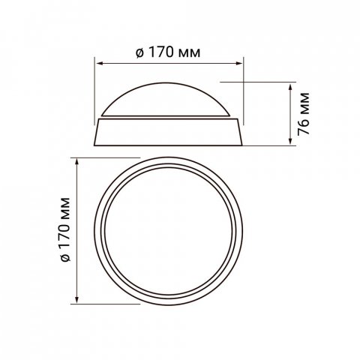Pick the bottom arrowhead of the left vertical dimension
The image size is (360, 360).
78,302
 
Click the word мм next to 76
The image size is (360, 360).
304,104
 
